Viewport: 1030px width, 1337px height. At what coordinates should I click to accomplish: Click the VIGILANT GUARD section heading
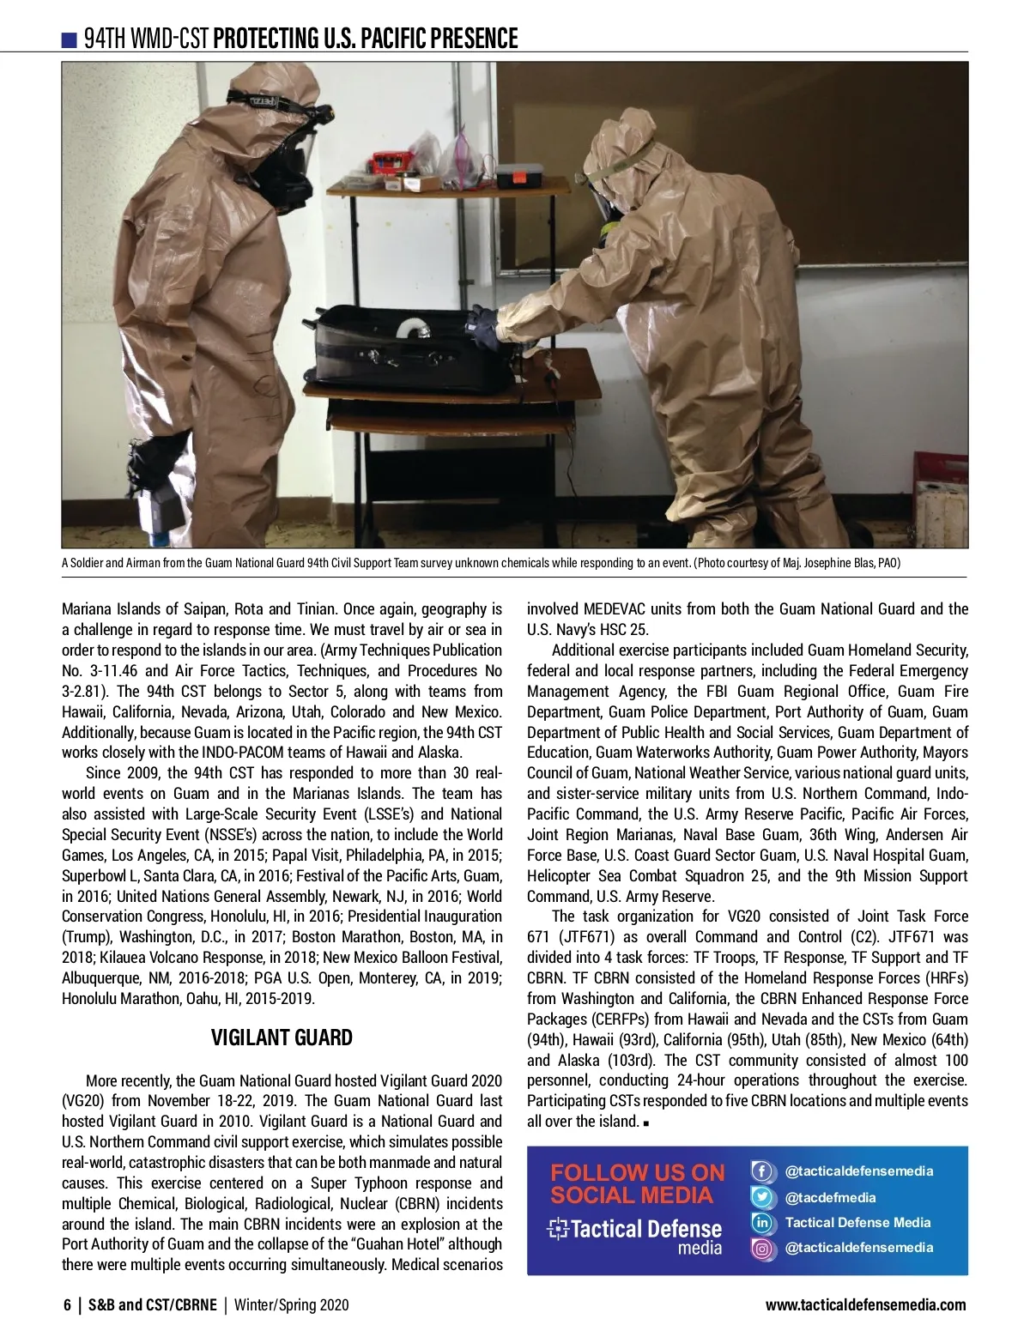coord(282,1038)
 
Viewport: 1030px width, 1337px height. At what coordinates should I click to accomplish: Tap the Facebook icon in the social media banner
coord(761,1171)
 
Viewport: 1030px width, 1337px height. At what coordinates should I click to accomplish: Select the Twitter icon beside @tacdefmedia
coord(761,1197)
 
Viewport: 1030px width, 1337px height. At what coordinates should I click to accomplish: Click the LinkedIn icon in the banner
coord(761,1223)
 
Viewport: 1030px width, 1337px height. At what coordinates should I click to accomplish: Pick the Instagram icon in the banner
coord(761,1248)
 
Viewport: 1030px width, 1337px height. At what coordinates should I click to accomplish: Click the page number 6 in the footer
coord(67,1305)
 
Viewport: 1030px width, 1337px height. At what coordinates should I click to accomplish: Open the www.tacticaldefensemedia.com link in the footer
coord(865,1305)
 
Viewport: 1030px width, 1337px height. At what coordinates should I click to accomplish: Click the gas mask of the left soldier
coord(292,159)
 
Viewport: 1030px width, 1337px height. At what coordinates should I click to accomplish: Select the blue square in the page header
coord(70,39)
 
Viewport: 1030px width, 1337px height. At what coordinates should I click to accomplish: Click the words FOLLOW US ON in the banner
coord(637,1172)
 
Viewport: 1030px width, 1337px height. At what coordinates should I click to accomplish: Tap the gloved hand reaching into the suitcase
coord(485,327)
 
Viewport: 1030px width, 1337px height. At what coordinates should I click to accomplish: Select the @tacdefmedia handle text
coord(830,1197)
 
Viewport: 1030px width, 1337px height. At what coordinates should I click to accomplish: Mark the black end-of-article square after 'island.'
coord(645,1122)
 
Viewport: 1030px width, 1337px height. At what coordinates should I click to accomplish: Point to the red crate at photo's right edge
coord(940,468)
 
